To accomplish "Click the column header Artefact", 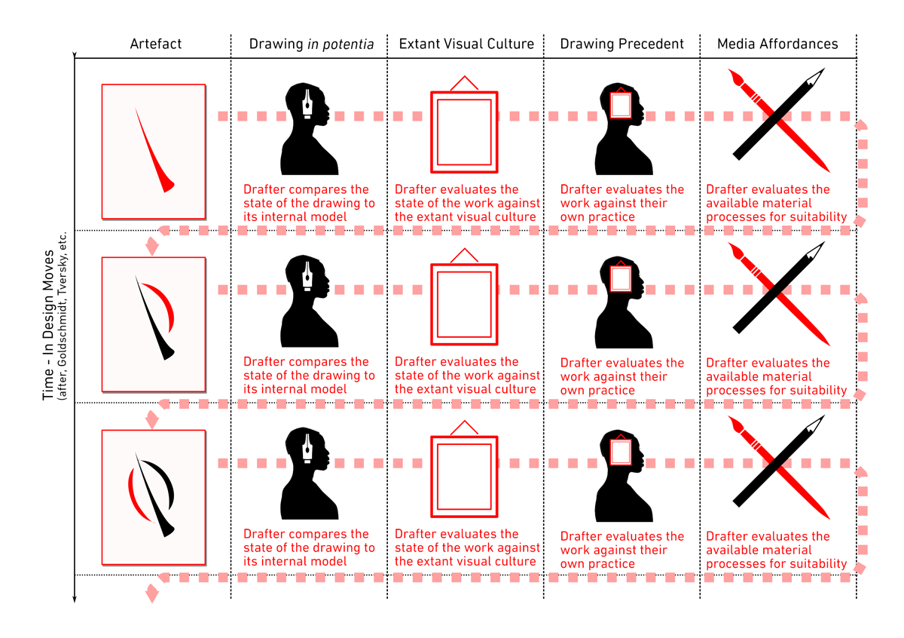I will (156, 44).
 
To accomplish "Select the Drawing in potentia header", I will (311, 44).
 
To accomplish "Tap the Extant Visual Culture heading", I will (466, 44).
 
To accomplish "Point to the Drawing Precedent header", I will (621, 44).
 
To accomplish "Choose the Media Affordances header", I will (777, 44).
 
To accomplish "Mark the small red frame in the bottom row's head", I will (621, 452).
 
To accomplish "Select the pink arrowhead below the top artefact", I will (153, 246).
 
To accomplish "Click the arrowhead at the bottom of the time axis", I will (75, 600).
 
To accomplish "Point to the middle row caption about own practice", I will (622, 376).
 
